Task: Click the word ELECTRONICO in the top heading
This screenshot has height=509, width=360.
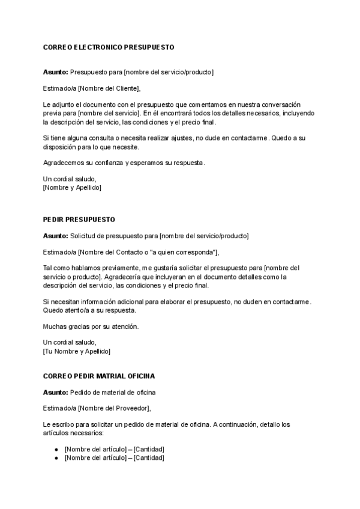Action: click(100, 46)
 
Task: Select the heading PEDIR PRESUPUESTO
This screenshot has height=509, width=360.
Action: click(79, 220)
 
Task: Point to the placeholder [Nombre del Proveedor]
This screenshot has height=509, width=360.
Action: click(113, 408)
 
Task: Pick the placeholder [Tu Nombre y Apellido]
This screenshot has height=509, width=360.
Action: click(77, 351)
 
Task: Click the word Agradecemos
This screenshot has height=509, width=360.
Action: click(63, 163)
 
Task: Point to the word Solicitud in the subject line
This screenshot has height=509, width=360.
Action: click(85, 236)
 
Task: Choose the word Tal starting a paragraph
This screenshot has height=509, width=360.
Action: click(48, 268)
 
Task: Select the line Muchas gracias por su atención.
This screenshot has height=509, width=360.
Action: click(91, 327)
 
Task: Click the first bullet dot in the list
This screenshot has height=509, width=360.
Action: click(56, 449)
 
